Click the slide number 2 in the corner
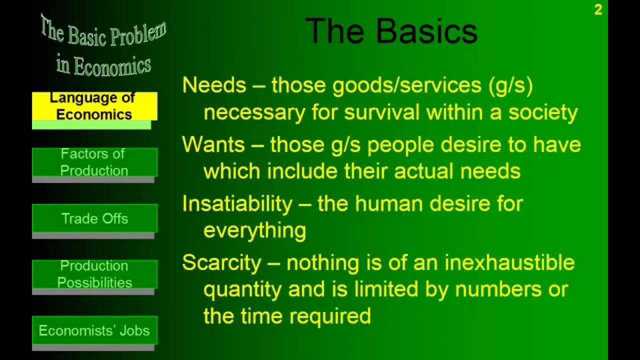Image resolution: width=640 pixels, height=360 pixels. [x=598, y=10]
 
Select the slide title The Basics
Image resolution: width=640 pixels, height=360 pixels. [x=391, y=31]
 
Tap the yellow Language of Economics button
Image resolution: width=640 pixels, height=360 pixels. [x=94, y=106]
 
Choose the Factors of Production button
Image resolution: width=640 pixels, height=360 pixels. [x=94, y=162]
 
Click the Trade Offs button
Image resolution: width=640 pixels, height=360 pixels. [x=94, y=218]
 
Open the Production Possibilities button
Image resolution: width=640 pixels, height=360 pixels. [x=94, y=274]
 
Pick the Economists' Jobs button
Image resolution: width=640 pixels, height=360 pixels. [x=94, y=330]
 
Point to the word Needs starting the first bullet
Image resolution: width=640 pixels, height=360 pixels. [x=214, y=85]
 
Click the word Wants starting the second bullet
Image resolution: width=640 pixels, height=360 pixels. [x=213, y=145]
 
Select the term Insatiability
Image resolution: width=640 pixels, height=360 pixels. [x=237, y=204]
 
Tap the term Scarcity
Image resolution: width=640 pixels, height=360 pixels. [x=221, y=263]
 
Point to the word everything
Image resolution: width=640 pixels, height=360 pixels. [x=254, y=230]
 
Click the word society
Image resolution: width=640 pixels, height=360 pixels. [x=543, y=113]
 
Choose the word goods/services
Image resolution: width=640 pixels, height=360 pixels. [x=397, y=86]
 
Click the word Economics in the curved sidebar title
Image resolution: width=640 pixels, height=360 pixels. [x=112, y=66]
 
